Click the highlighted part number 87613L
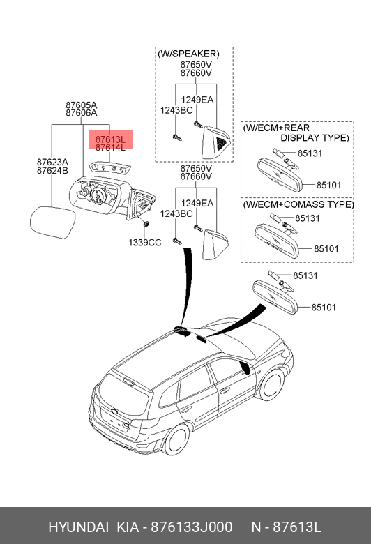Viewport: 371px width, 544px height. [x=110, y=139]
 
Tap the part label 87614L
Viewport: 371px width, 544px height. [x=110, y=148]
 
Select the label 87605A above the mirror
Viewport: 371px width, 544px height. [x=82, y=105]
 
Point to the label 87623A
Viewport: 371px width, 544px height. [x=53, y=162]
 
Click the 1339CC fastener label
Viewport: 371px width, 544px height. [x=145, y=243]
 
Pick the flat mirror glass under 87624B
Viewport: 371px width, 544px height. [x=53, y=222]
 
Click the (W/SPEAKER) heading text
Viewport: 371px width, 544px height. [x=188, y=54]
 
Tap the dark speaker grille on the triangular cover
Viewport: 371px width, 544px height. [x=221, y=143]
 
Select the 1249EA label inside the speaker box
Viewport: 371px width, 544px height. [x=197, y=100]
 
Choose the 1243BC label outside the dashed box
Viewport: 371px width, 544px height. [x=176, y=213]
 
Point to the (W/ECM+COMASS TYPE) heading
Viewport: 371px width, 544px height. [x=298, y=204]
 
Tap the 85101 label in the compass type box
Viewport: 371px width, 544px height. [x=326, y=249]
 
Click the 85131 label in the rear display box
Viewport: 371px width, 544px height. [x=310, y=153]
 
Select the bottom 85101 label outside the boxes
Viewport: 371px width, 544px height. [x=324, y=308]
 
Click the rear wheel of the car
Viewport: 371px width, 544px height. [x=176, y=439]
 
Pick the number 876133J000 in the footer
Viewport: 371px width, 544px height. [x=192, y=527]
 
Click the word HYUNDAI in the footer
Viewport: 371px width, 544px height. [x=78, y=527]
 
